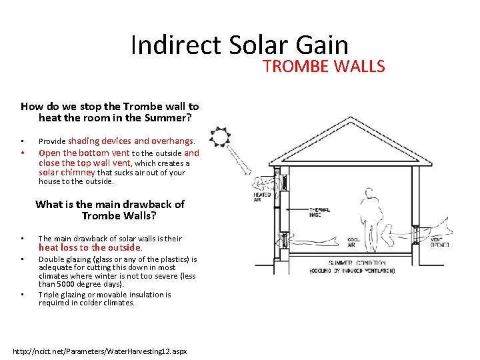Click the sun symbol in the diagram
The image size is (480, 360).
pos(219,137)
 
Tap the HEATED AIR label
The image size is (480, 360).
pos(262,197)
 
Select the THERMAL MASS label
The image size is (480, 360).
pos(321,213)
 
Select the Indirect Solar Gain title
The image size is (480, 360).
pos(239,45)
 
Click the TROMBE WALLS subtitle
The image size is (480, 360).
pos(323,66)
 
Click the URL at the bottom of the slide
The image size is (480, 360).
pos(100,351)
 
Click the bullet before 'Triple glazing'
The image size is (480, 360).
pos(22,295)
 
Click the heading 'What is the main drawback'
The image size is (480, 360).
pos(109,204)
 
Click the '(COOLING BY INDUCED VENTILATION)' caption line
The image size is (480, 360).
pos(352,271)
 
